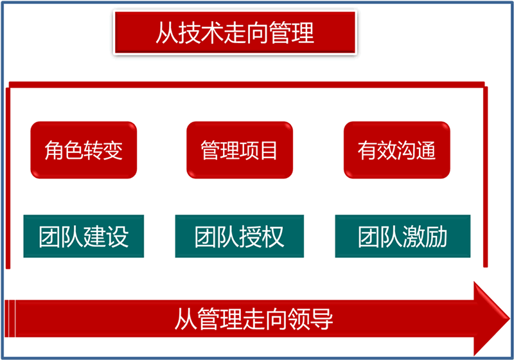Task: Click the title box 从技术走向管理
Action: (235, 32)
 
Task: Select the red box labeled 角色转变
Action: (84, 150)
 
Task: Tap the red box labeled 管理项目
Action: (240, 150)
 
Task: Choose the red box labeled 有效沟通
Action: (396, 150)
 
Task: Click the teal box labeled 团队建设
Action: (84, 236)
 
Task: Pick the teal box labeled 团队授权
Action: (240, 236)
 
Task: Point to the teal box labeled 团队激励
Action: (403, 236)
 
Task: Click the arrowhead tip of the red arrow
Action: (510, 318)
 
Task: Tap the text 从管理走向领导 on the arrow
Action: (254, 319)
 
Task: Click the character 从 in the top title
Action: (166, 33)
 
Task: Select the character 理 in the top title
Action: (303, 33)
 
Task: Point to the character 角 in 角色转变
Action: (54, 150)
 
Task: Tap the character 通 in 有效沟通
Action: (426, 150)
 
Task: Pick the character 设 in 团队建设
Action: (118, 237)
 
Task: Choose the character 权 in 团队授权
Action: (273, 237)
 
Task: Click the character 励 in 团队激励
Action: (437, 237)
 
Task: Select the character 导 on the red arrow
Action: (322, 319)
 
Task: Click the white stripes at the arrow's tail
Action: (10, 318)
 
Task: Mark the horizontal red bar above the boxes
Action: (247, 85)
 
